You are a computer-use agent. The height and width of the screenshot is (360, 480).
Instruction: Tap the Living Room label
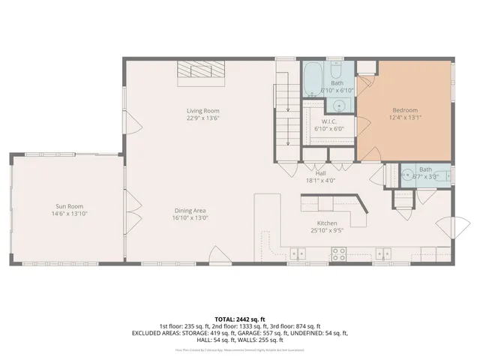(x=202, y=110)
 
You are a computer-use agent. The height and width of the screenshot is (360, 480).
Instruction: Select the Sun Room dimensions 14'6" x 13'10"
(x=68, y=214)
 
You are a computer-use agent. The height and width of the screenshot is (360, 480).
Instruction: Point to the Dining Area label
(x=190, y=210)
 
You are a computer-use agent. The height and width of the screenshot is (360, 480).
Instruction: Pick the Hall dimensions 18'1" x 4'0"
(x=320, y=181)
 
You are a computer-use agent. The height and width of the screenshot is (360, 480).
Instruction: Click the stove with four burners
(x=338, y=254)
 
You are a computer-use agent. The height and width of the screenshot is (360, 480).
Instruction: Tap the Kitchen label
(x=326, y=223)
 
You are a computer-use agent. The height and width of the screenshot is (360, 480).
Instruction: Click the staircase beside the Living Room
(x=283, y=109)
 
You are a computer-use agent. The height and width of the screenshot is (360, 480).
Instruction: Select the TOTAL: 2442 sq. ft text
(x=240, y=319)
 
